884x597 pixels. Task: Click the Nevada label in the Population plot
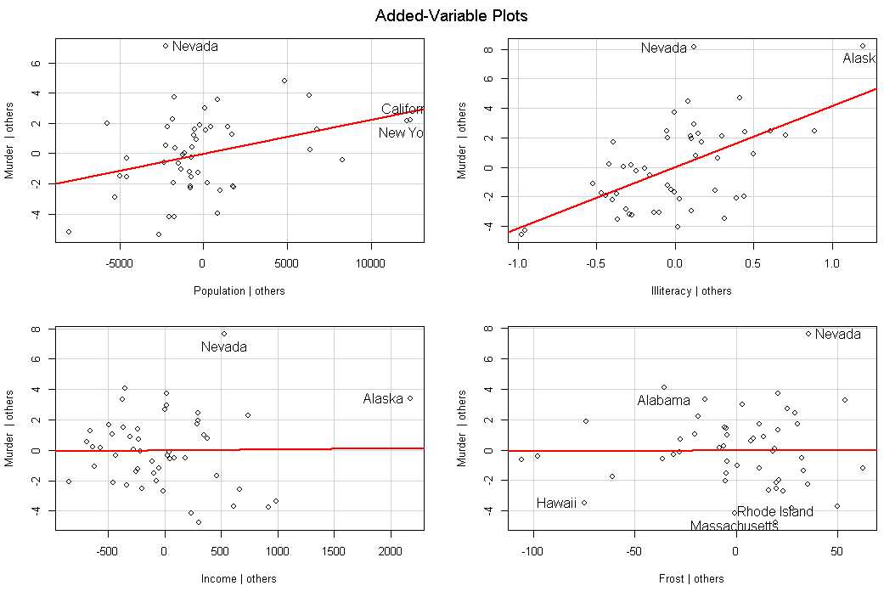click(194, 47)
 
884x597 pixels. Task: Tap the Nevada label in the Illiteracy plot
click(663, 48)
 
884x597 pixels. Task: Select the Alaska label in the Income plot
click(382, 399)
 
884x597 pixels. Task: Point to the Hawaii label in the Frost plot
click(556, 503)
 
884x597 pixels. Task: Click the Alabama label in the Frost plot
click(663, 401)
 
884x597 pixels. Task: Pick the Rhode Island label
click(774, 512)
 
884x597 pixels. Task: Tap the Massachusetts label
click(734, 527)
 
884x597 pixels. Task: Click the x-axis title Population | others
click(239, 291)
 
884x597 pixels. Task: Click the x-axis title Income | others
click(239, 579)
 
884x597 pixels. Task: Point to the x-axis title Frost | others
click(691, 579)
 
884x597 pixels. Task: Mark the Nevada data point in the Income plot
click(224, 334)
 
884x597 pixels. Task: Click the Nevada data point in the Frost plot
click(808, 334)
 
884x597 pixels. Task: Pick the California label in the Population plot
click(403, 110)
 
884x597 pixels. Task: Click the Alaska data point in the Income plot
click(410, 398)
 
